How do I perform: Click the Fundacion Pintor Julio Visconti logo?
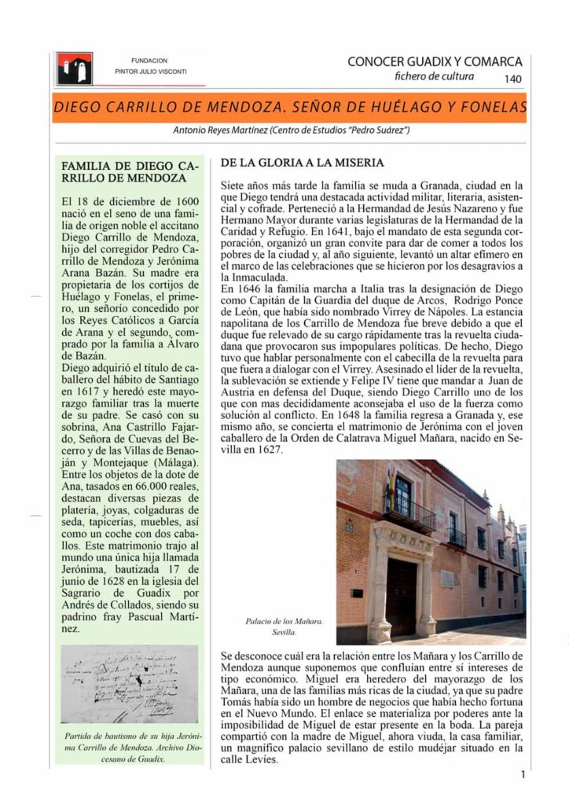pos(75,68)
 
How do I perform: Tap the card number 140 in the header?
pos(512,79)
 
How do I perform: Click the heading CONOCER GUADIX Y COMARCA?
pos(435,61)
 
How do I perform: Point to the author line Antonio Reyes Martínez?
pos(291,130)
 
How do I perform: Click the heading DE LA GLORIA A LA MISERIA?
pos(302,164)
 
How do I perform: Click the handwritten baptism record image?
pos(130,683)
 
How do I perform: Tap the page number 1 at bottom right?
pos(523,774)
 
